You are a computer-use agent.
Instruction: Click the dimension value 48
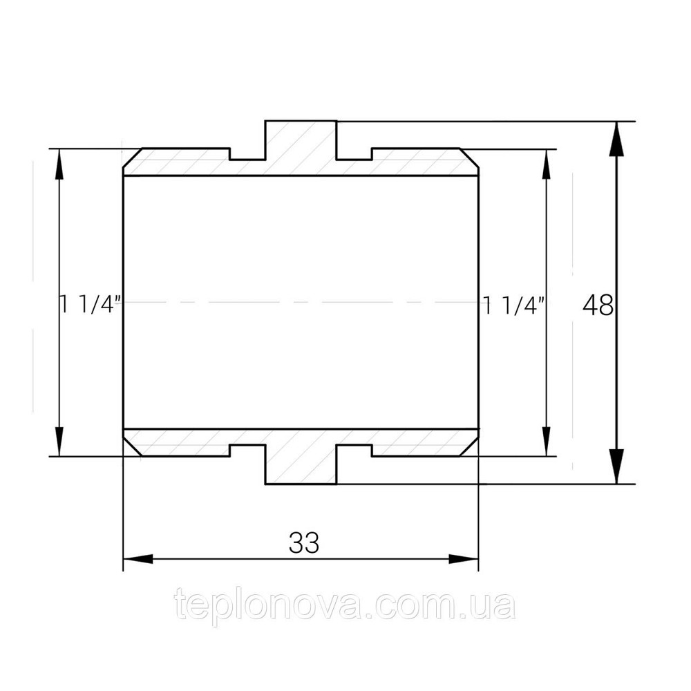[598, 305]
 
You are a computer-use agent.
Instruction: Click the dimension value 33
[304, 543]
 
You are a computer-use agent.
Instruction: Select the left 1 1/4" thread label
[91, 304]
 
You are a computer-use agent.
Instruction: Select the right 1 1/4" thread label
[515, 304]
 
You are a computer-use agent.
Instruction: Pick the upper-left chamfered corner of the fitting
[132, 160]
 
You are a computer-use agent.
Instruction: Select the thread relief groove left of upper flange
[247, 155]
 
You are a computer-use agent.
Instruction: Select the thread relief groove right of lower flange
[354, 451]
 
